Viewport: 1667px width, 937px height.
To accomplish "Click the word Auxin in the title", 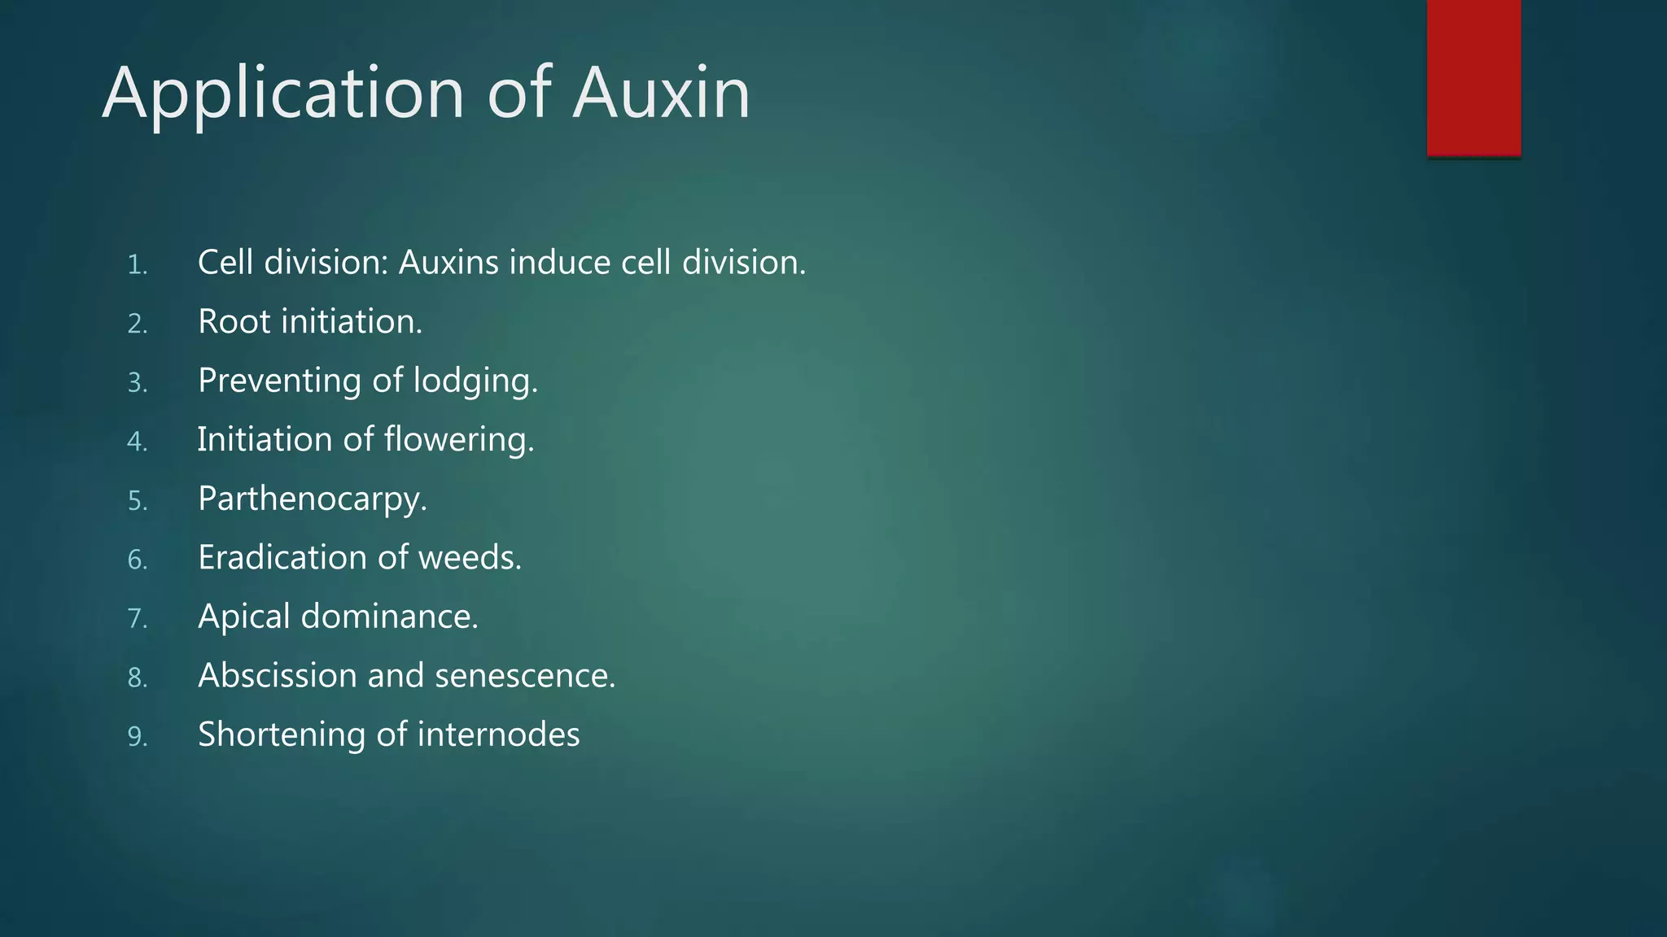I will pyautogui.click(x=661, y=93).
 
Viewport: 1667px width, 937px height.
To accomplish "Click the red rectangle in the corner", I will pyautogui.click(x=1473, y=78).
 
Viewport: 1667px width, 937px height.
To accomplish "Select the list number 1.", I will pyautogui.click(x=137, y=265).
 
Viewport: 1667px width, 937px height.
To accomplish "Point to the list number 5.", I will pyautogui.click(x=137, y=501).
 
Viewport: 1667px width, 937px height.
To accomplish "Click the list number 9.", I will pyautogui.click(x=137, y=737).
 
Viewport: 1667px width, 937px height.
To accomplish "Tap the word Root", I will pyautogui.click(x=234, y=321).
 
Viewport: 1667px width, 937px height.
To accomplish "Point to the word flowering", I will pyautogui.click(x=459, y=440).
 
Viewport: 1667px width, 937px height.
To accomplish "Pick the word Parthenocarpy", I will pyautogui.click(x=312, y=499).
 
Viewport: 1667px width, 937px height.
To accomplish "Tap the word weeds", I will pyautogui.click(x=470, y=557).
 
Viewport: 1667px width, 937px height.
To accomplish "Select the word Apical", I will pyautogui.click(x=243, y=617).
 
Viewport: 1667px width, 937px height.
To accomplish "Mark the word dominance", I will pyautogui.click(x=389, y=617).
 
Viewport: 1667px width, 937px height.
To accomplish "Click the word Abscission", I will pyautogui.click(x=277, y=675).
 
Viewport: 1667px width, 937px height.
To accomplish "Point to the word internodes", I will pyautogui.click(x=498, y=734).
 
